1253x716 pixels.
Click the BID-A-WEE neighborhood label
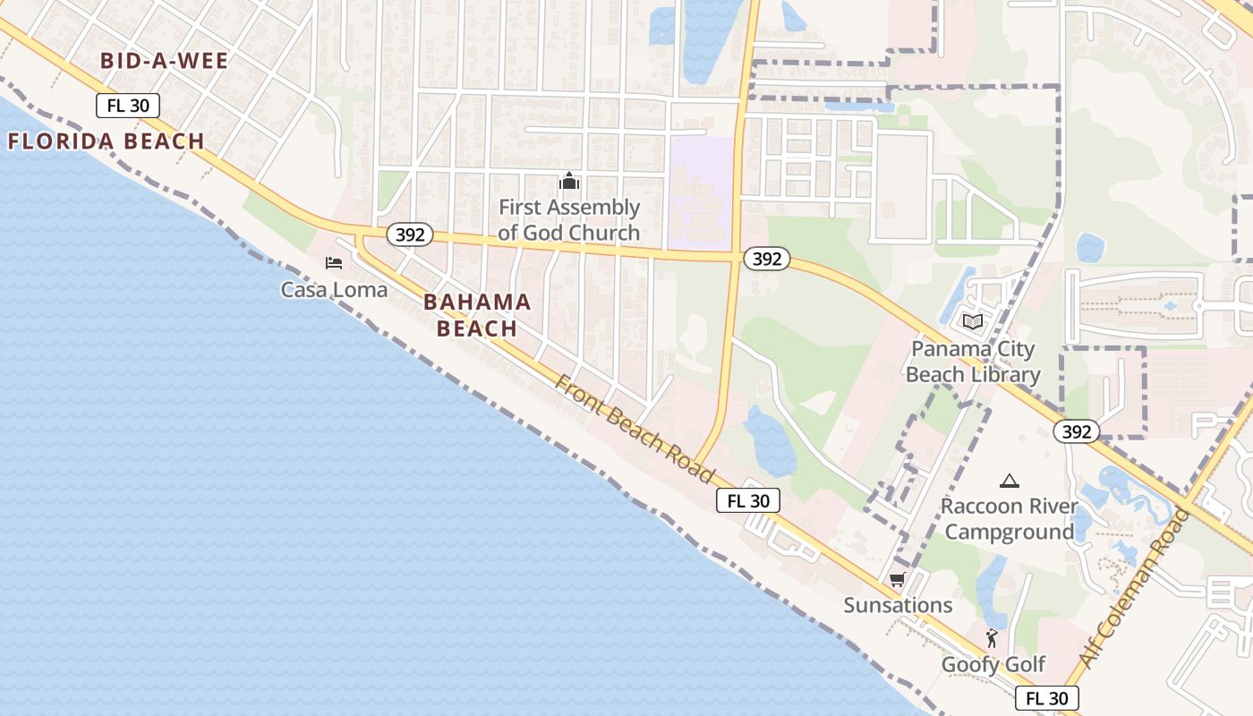pos(165,61)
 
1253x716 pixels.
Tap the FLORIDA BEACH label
pos(107,141)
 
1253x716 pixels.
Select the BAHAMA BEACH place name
pos(477,315)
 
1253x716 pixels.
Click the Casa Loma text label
pos(334,289)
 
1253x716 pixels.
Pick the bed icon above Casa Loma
pos(334,263)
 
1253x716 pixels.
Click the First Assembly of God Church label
pos(569,220)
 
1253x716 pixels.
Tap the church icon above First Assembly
pos(568,182)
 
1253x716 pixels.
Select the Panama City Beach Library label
pos(973,362)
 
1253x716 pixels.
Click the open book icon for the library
pos(973,321)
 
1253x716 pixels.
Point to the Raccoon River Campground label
pos(1010,519)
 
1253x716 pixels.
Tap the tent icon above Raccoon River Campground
pos(1010,482)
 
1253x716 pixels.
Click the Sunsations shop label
pos(898,605)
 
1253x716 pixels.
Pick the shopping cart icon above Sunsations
pos(897,580)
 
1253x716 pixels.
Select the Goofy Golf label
pos(993,664)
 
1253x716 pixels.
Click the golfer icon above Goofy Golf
pos(992,638)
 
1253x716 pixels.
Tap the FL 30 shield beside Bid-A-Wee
pos(128,106)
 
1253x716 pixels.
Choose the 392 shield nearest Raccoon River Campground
pos(1076,431)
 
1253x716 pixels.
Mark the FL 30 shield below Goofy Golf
pos(1047,698)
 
